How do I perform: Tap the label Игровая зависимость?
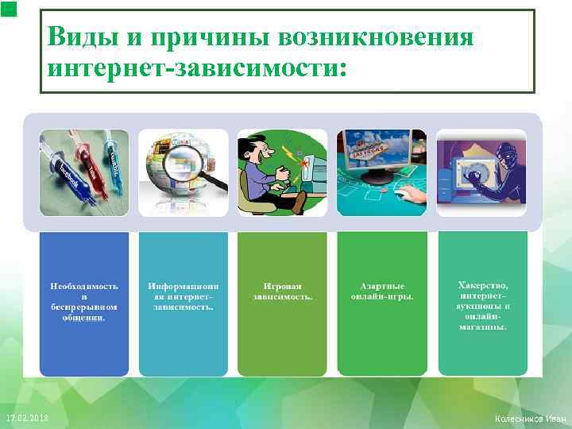(282, 290)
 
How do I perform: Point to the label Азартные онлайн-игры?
(382, 290)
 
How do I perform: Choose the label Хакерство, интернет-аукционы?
(482, 305)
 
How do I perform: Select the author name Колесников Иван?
(530, 419)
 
